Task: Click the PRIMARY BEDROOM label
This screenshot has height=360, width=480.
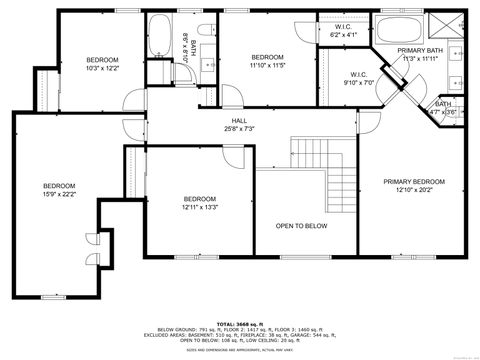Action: point(415,181)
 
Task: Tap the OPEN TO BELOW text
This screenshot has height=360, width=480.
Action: point(301,226)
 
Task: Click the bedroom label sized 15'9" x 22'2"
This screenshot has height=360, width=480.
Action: point(58,186)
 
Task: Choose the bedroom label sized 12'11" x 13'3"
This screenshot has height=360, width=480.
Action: point(200,199)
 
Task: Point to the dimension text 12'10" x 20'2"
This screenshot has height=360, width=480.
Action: point(415,189)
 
